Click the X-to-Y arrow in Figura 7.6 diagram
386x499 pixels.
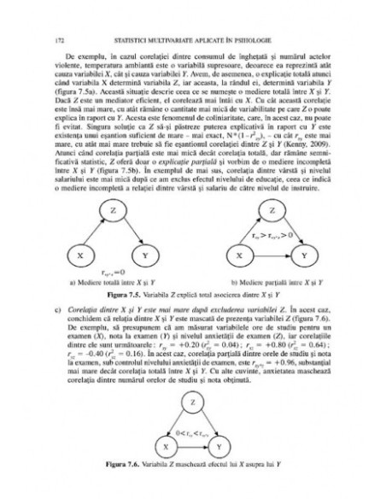click(x=193, y=446)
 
